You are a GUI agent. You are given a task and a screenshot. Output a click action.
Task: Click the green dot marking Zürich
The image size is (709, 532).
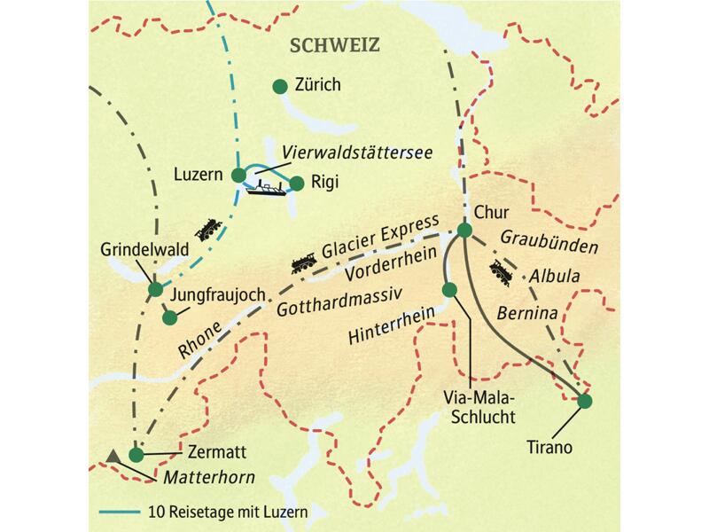[279, 86]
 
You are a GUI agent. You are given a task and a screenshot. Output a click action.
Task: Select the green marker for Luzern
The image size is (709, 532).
[238, 176]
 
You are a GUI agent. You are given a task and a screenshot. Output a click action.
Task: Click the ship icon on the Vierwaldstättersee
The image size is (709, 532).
[267, 187]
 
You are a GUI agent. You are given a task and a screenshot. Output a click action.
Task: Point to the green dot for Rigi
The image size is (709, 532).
[297, 184]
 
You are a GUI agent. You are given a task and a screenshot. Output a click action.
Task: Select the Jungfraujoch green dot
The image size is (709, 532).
[168, 316]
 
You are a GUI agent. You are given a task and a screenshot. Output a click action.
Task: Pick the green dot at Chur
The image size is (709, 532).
[464, 231]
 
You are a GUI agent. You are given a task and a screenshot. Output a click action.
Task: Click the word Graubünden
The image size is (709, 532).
[550, 240]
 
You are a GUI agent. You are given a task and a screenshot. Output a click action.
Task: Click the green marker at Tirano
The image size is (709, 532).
[584, 402]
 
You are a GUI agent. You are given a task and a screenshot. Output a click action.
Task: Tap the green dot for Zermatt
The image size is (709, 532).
[136, 455]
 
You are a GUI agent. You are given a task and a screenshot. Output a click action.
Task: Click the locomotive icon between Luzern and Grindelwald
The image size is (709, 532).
[207, 229]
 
